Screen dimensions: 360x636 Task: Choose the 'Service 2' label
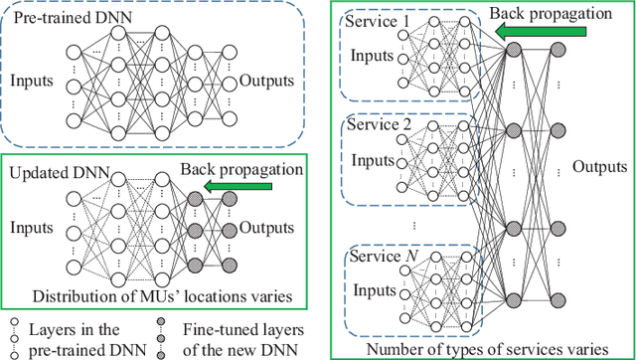(378, 127)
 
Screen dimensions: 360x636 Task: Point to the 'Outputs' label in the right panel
(600, 166)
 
